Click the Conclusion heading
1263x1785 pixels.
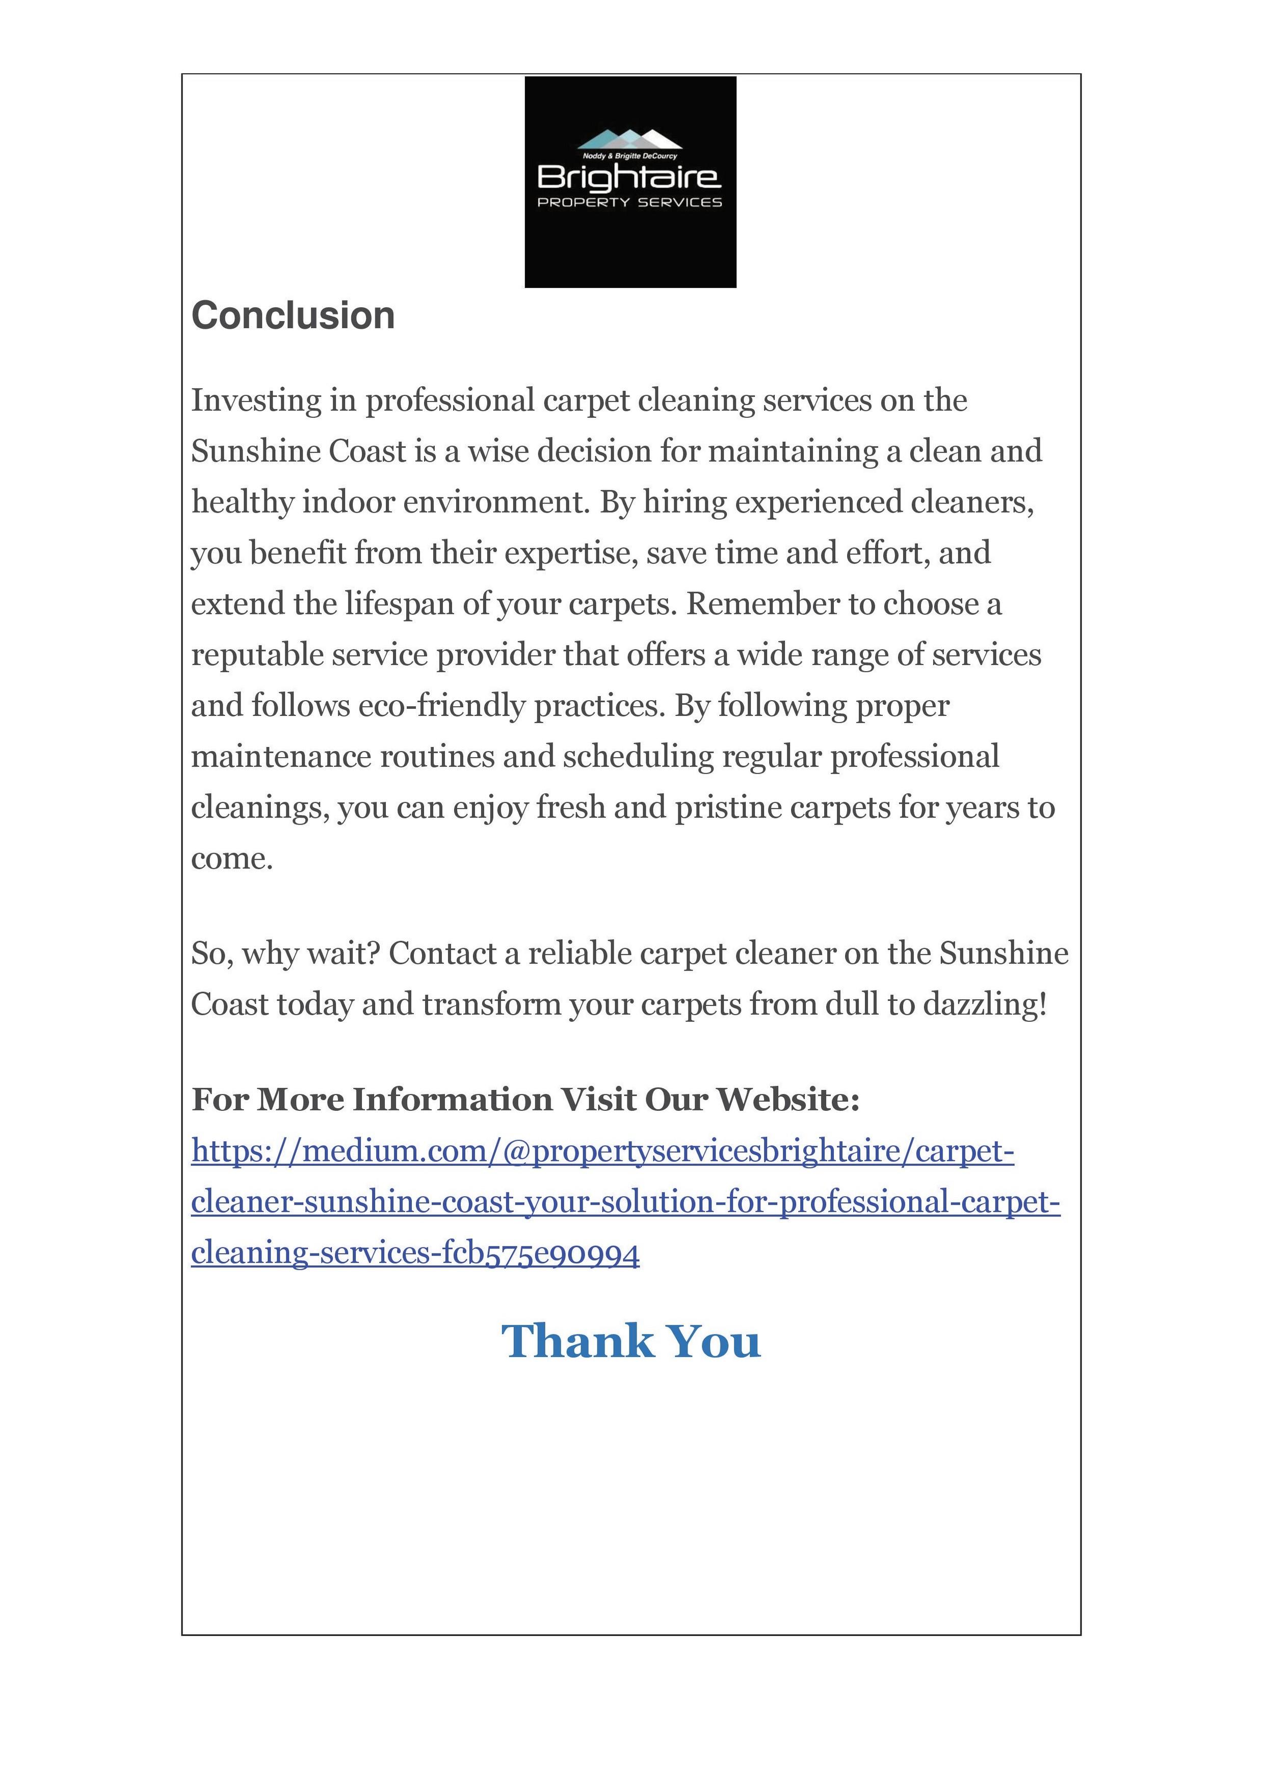(293, 315)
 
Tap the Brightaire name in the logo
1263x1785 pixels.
(629, 177)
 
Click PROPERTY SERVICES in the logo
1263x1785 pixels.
(630, 203)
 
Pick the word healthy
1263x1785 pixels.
(242, 502)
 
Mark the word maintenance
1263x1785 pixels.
(281, 757)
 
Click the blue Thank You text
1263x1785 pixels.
(630, 1341)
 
